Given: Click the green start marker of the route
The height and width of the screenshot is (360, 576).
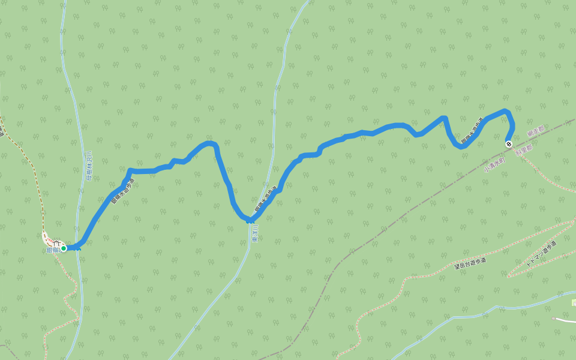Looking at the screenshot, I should pyautogui.click(x=64, y=248).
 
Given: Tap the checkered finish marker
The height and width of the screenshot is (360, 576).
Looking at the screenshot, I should pyautogui.click(x=508, y=144).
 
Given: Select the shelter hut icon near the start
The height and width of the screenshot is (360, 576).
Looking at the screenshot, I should pyautogui.click(x=55, y=244).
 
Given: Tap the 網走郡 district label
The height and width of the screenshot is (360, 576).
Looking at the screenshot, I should pyautogui.click(x=536, y=131).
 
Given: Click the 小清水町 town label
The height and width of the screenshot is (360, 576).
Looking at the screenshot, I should pyautogui.click(x=494, y=165).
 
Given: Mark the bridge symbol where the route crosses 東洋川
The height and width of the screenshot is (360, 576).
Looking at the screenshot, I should pyautogui.click(x=250, y=220).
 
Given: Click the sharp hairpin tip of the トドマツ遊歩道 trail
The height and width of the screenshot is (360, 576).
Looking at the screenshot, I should pyautogui.click(x=509, y=275).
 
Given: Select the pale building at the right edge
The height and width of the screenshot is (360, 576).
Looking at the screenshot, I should pyautogui.click(x=573, y=302).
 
